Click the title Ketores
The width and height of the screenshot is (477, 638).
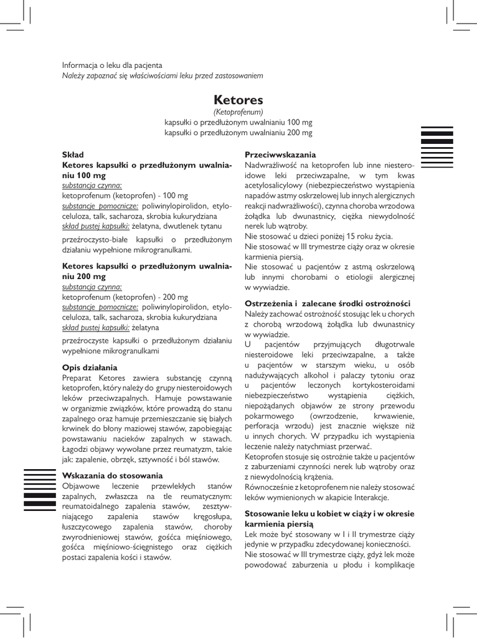coord(238,100)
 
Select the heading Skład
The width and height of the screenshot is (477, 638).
coord(73,154)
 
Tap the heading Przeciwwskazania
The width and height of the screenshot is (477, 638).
coord(280,155)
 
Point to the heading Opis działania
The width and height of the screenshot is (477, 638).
coord(90,368)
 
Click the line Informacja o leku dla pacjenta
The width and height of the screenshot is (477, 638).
coord(112,65)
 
